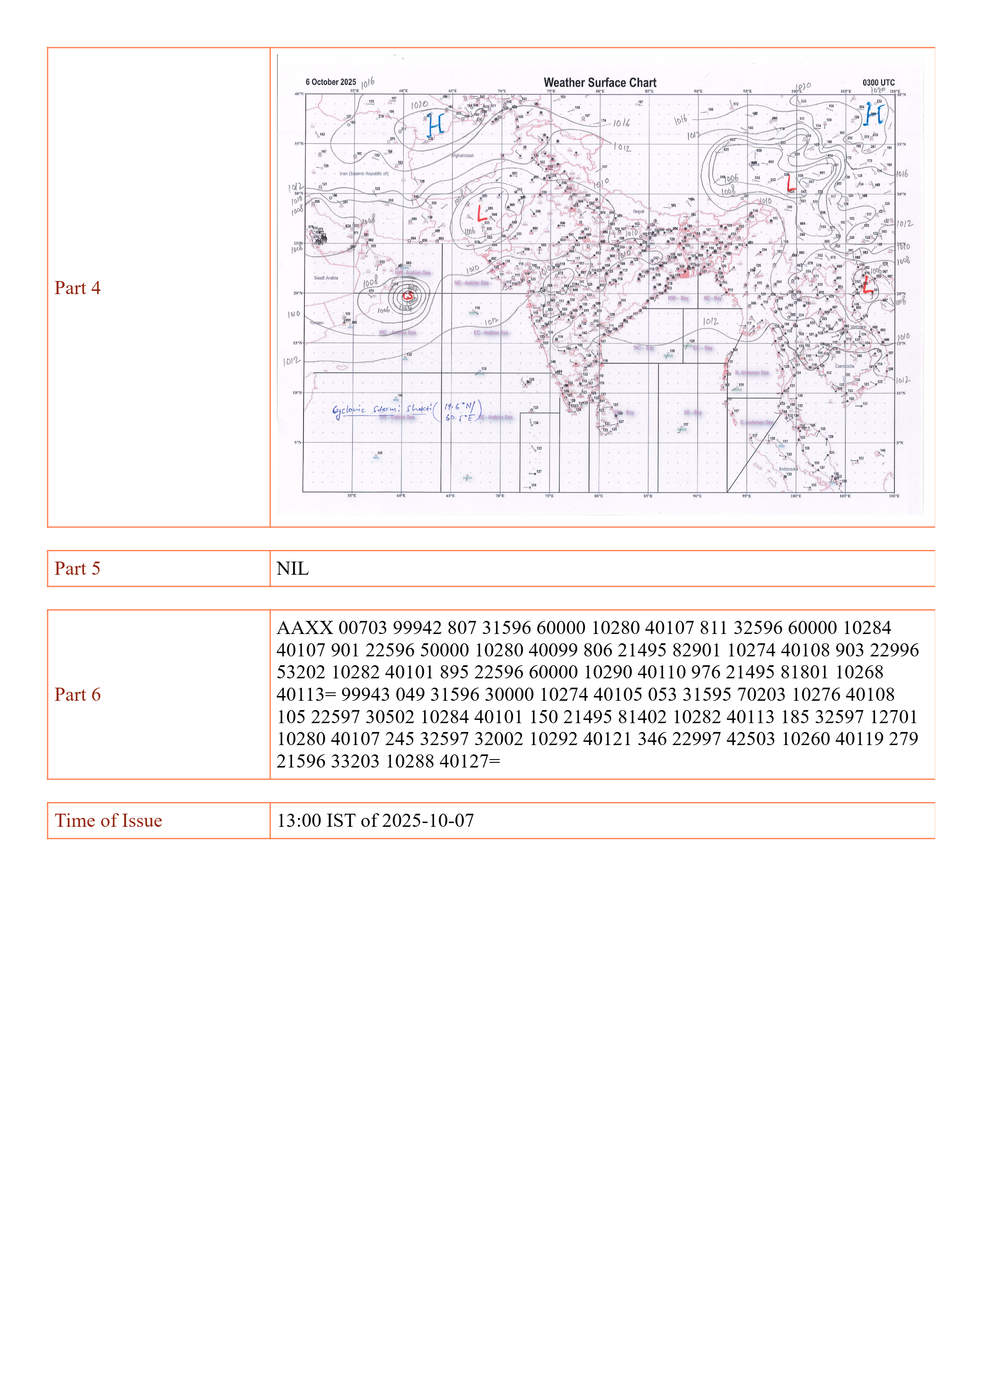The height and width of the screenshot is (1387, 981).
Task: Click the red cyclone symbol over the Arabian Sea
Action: point(408,296)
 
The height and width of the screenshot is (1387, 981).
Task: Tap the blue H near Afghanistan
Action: point(436,125)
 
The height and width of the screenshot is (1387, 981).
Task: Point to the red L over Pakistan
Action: point(482,214)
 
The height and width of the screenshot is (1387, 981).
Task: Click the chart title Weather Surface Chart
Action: point(600,83)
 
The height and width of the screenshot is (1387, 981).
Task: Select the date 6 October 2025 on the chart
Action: point(331,82)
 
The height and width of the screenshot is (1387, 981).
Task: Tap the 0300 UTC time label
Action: point(878,83)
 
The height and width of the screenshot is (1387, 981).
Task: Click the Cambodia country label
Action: point(845,366)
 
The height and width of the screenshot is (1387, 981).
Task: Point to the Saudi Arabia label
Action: point(326,278)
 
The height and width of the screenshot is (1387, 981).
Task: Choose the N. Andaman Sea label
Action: point(752,373)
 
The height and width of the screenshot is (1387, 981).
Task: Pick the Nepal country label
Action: point(638,211)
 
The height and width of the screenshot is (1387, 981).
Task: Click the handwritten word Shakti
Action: point(419,408)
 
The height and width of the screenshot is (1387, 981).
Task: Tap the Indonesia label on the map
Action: point(788,469)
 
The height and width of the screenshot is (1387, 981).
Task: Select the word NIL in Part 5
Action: point(292,569)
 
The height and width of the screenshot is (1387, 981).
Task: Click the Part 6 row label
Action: point(78,695)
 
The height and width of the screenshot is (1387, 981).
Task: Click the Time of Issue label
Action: point(109,821)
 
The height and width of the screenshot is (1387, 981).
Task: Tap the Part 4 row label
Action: point(78,288)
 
